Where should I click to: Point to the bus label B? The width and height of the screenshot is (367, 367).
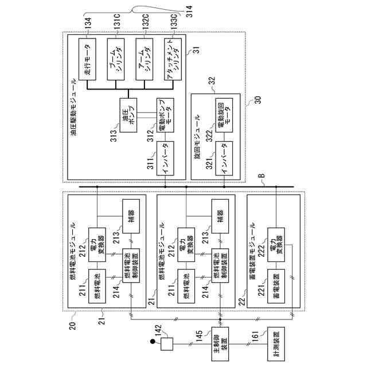263,177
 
